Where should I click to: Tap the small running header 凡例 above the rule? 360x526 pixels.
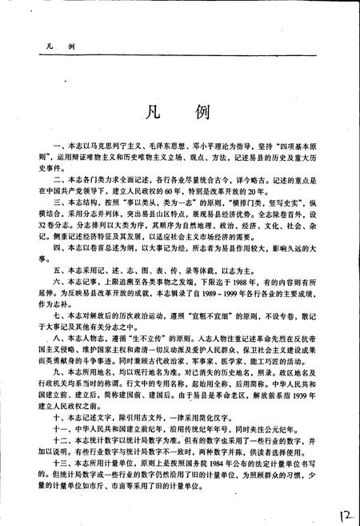(x=61, y=48)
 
